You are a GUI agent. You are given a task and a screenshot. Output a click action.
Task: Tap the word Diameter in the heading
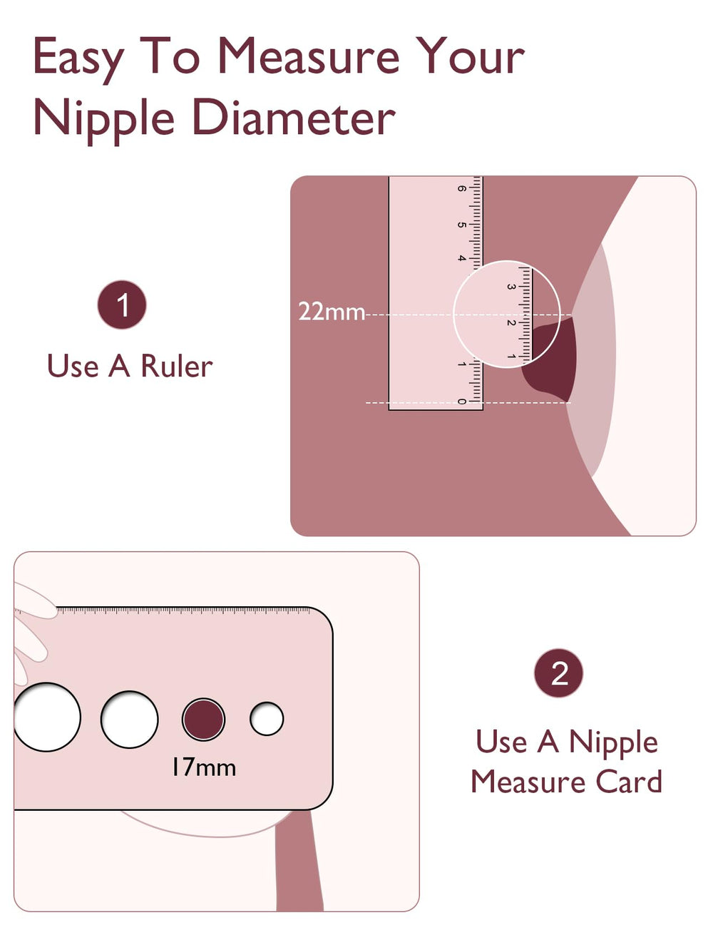pos(294,118)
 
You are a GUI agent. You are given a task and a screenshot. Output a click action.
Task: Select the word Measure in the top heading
pos(308,57)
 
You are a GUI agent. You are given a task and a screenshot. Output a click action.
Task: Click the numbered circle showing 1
pos(122,305)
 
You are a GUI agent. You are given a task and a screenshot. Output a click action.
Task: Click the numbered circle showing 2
pos(559,673)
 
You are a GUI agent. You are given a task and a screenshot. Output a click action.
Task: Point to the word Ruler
pos(177,367)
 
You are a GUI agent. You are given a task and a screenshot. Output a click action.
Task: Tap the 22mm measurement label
pos(331,312)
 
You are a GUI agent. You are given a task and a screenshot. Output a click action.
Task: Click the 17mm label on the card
pos(203,767)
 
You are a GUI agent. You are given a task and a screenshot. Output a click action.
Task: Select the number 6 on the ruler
pos(462,189)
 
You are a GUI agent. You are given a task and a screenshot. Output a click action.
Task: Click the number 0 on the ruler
pos(462,402)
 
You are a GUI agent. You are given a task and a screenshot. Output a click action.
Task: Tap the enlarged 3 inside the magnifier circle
pos(511,287)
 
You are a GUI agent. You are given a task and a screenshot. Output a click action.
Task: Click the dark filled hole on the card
pos(203,719)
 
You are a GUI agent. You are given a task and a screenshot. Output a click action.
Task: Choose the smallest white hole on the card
pos(267,719)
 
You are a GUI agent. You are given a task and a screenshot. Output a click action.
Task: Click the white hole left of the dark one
pos(129,719)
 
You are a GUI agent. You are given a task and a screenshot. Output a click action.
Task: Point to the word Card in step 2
pos(629,782)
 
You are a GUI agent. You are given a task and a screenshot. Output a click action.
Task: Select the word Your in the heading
pos(471,57)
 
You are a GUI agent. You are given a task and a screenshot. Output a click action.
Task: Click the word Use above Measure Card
pos(501,742)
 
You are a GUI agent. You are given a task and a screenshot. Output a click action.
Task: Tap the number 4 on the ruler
pos(462,258)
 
